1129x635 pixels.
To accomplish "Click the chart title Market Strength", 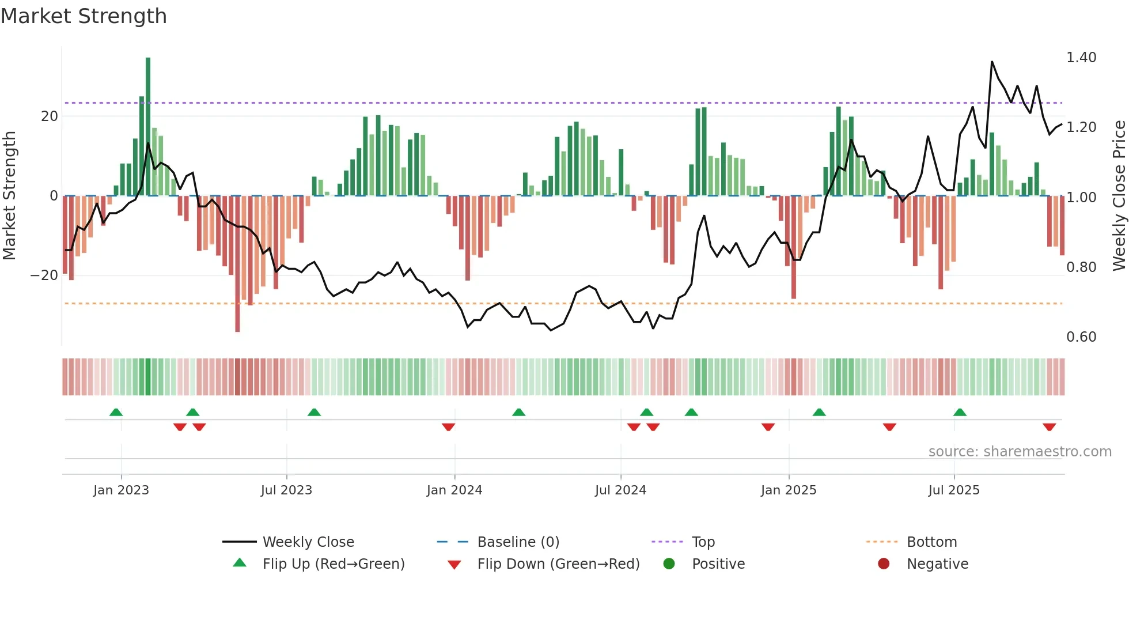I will [84, 16].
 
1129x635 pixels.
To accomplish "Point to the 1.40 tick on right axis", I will [1081, 58].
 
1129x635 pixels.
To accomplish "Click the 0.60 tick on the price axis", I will [1081, 337].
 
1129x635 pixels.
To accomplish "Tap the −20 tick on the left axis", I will [44, 275].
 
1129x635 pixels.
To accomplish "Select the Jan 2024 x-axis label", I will [454, 490].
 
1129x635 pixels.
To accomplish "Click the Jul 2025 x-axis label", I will [953, 490].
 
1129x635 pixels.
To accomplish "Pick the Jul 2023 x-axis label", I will [286, 490].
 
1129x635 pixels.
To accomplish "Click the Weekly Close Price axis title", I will [1119, 196].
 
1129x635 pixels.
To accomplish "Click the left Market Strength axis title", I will [10, 196].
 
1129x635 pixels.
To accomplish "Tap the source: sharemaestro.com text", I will [1020, 452].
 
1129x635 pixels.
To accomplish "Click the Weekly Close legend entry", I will [308, 542].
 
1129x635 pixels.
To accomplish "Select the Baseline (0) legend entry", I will [518, 542].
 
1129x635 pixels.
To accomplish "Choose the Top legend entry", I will [703, 542].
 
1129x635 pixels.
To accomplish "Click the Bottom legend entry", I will [931, 542].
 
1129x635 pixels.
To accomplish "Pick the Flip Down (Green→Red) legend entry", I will [558, 564].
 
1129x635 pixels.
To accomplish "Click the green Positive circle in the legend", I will [669, 564].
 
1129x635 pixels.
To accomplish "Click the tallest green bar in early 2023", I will [148, 127].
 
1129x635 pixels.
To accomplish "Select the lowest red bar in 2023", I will [237, 265].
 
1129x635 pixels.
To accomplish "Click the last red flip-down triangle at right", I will [1049, 427].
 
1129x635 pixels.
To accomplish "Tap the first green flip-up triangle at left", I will [116, 412].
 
